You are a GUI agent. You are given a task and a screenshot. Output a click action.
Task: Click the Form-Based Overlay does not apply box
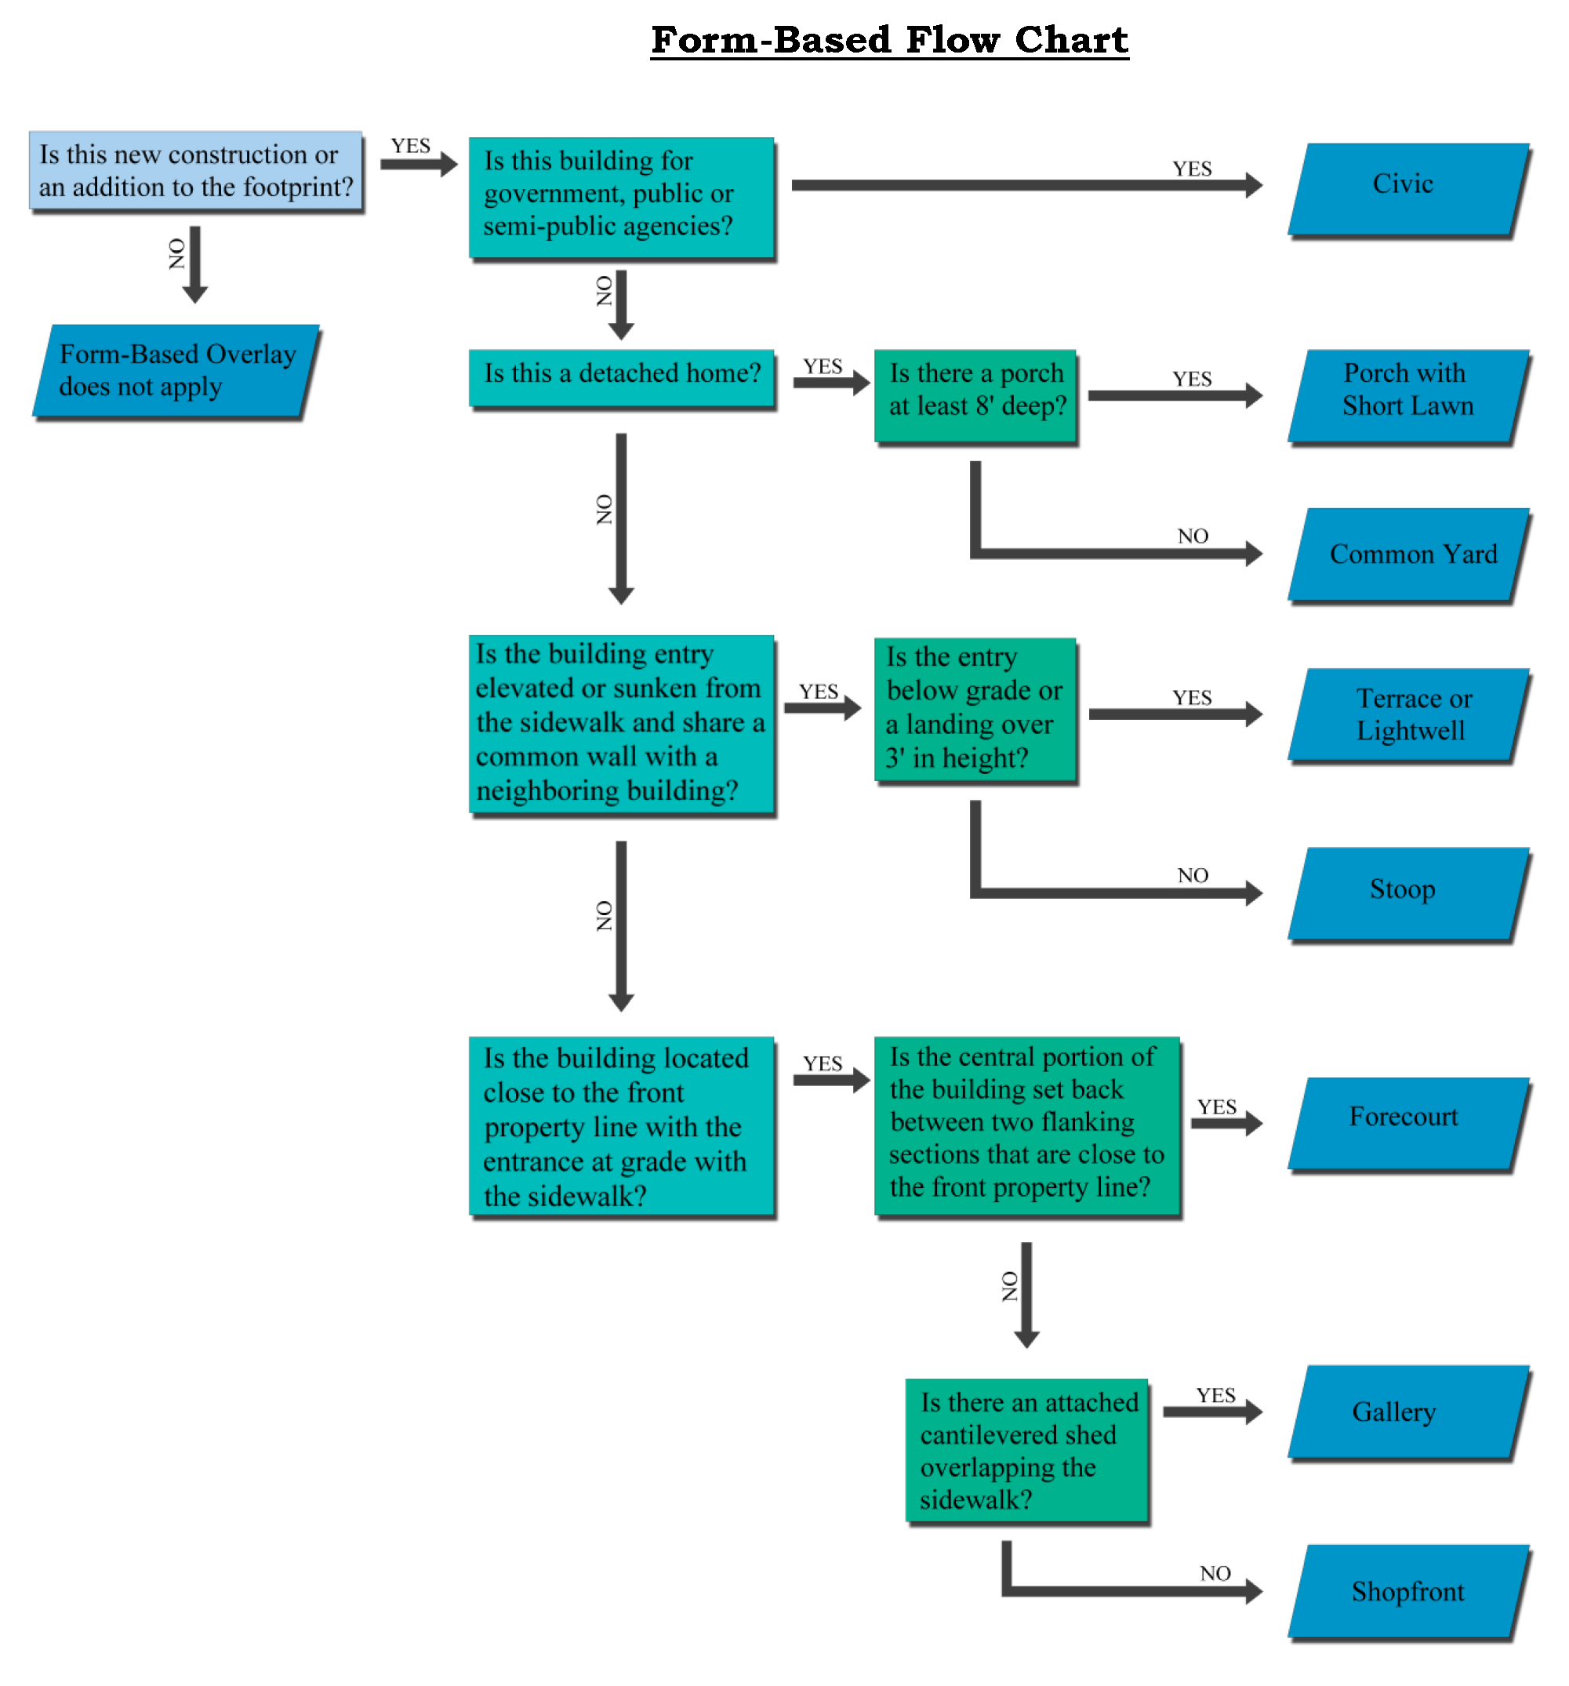[176, 371]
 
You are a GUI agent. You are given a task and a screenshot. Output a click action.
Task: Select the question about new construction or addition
[196, 170]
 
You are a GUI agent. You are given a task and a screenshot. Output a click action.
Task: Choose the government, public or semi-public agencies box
[621, 196]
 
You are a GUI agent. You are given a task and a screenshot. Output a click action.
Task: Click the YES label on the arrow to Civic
[1191, 169]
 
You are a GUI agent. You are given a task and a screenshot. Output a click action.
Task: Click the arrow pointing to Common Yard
[1120, 553]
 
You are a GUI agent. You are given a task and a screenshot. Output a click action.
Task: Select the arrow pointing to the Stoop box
[1120, 892]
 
